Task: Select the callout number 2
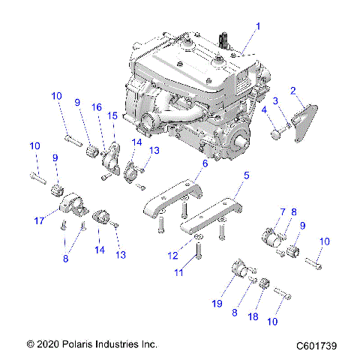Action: click(294, 90)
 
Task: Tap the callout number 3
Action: click(276, 100)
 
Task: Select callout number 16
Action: click(97, 108)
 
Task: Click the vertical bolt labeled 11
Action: click(196, 265)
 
